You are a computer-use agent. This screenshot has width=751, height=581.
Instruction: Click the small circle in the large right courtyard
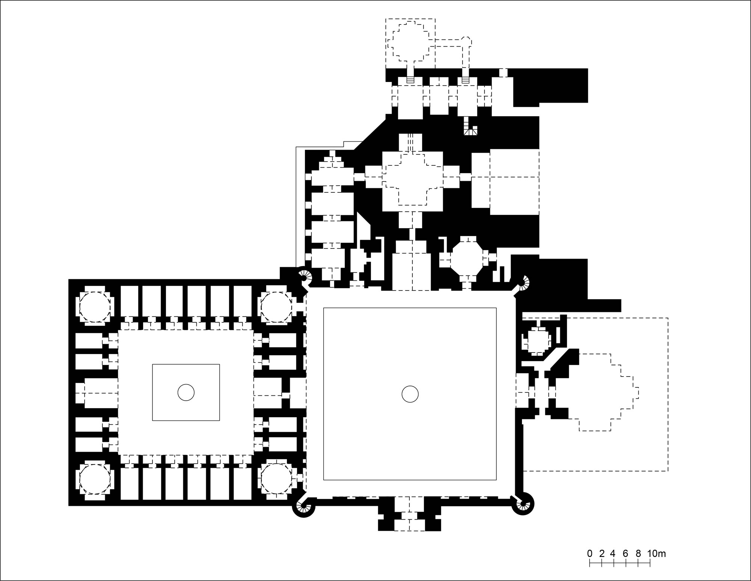tap(410, 395)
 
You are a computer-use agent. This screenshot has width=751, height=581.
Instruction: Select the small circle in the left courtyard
tap(186, 393)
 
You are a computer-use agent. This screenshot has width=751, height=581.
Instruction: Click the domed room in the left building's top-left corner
tap(95, 307)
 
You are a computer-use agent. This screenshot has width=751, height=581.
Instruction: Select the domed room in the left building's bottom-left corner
tap(95, 479)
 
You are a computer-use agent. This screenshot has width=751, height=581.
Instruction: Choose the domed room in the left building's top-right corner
tap(276, 307)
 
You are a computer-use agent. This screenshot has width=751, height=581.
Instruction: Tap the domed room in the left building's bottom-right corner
tap(276, 479)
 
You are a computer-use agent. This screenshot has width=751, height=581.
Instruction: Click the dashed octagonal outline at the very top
tap(410, 41)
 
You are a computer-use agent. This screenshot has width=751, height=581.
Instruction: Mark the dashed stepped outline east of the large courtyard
tap(605, 392)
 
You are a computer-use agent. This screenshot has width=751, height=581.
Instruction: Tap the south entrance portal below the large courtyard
tap(410, 514)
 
